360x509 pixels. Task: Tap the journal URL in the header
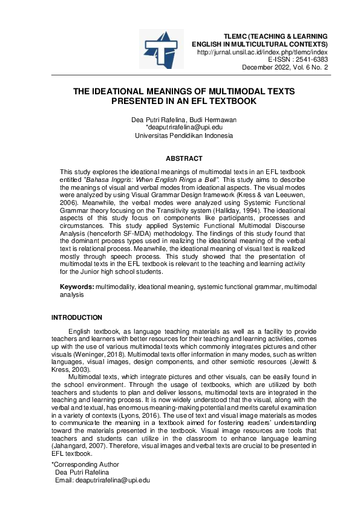tap(263, 53)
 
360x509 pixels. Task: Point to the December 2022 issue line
tap(285, 68)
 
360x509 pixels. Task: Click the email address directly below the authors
tap(185, 128)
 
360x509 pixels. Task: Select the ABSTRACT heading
tap(185, 158)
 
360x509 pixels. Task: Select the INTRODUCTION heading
tap(77, 317)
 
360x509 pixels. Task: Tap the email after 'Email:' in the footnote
tap(111, 480)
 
